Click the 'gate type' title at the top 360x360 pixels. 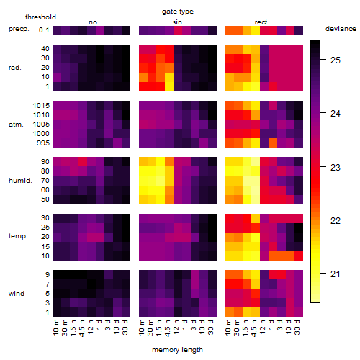[x=178, y=12]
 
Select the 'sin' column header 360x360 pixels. [x=177, y=22]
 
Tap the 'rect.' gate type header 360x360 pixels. [x=262, y=22]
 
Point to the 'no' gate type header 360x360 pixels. [x=93, y=22]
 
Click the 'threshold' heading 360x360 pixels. [x=40, y=17]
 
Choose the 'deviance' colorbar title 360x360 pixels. [x=341, y=29]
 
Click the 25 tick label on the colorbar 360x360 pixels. [x=336, y=60]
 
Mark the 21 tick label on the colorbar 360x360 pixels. [x=336, y=274]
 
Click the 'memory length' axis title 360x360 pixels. [x=177, y=350]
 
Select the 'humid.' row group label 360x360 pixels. [x=20, y=181]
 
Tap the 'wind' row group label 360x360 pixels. [x=17, y=294]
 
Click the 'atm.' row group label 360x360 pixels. [x=16, y=125]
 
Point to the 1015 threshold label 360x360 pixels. [x=41, y=105]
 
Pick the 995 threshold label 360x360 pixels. [x=43, y=143]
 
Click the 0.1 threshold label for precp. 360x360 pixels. [x=44, y=30]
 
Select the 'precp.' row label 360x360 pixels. [x=19, y=29]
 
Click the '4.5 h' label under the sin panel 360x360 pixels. [x=168, y=328]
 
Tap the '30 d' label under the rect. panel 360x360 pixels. [x=297, y=327]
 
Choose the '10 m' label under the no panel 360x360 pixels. [x=55, y=328]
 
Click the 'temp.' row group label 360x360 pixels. [x=18, y=236]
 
